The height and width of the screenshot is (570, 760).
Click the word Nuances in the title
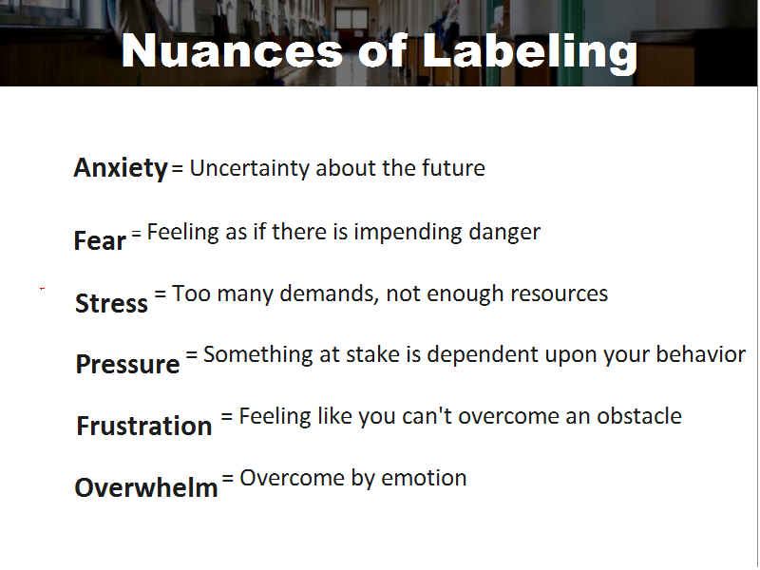pos(232,51)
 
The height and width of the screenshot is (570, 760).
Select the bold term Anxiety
pos(121,168)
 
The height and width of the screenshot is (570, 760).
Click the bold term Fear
pos(100,240)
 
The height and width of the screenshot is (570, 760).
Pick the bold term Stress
pos(111,303)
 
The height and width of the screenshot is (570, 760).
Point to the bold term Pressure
pos(128,364)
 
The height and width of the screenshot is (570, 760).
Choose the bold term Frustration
pos(144,426)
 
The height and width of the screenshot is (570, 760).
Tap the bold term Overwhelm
pos(146,487)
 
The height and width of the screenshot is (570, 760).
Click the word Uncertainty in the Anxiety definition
pos(250,169)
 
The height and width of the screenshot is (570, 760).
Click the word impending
pos(408,233)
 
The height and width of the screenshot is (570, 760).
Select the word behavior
pos(701,354)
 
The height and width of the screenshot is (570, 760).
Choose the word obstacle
pos(639,416)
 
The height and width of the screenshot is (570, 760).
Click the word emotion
pos(424,478)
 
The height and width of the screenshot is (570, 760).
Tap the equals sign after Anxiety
pos(178,168)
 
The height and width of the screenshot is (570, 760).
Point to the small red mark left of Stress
pos(42,289)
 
